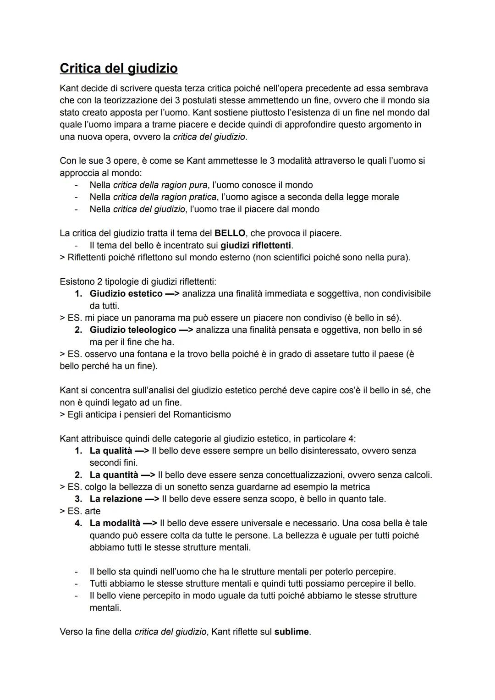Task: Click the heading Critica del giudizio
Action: (119, 68)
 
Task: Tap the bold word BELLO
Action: (230, 233)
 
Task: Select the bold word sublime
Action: (291, 632)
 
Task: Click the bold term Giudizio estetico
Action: (126, 293)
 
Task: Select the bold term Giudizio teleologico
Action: (133, 330)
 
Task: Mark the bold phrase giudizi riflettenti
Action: (256, 245)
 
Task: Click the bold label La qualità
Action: (111, 451)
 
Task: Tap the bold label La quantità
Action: (114, 475)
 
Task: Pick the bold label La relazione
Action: (116, 499)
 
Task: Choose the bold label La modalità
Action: (115, 523)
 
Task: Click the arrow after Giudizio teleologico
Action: (186, 330)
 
